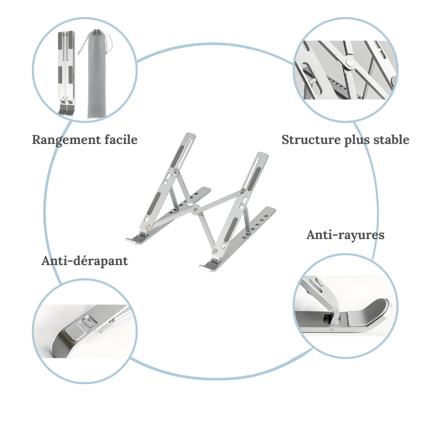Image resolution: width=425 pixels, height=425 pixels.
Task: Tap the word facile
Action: (x=119, y=140)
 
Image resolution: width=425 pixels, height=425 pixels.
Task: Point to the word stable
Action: (x=390, y=140)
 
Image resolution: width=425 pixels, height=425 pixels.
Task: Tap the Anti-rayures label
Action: (x=345, y=234)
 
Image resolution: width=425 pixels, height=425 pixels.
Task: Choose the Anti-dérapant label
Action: (x=84, y=261)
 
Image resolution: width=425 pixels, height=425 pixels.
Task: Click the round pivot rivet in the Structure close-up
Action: (x=349, y=63)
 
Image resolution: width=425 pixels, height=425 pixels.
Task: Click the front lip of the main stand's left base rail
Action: (x=134, y=237)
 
